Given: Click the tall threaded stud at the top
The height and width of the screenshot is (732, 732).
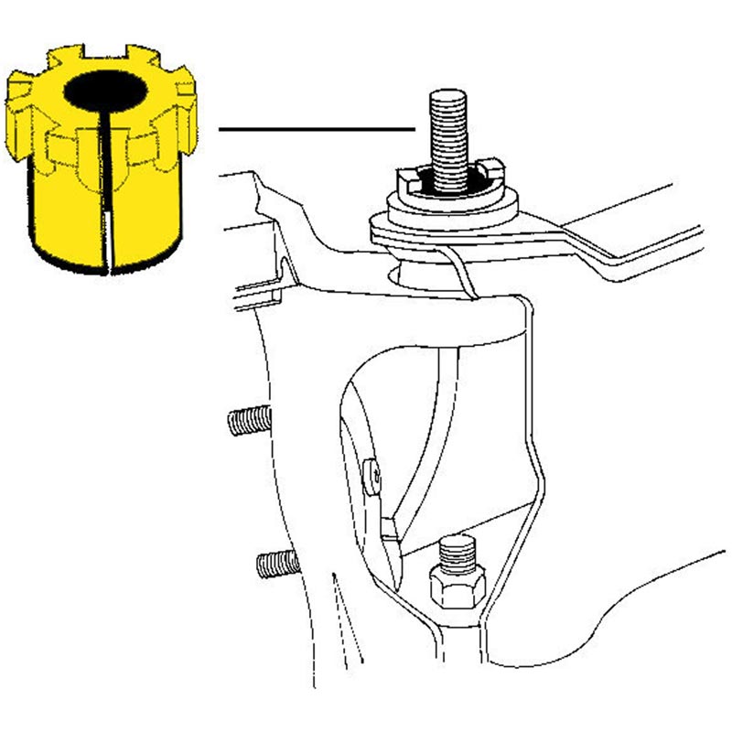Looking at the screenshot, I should click(x=448, y=137).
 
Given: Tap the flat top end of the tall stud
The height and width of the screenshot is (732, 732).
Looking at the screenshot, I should click(x=448, y=92).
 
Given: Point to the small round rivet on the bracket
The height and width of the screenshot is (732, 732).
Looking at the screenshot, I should click(x=373, y=473).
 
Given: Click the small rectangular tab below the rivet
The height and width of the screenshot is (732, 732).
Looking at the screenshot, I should click(x=388, y=529).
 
